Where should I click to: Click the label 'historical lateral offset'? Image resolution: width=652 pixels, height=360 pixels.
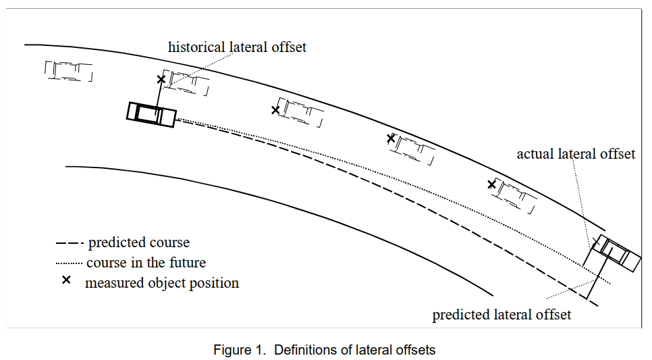click(x=237, y=47)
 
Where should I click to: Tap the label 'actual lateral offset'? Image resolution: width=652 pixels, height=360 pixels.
click(x=576, y=154)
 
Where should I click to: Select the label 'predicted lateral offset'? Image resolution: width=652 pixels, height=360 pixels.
click(x=501, y=315)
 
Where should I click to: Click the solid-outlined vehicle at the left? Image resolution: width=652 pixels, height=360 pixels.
click(x=151, y=113)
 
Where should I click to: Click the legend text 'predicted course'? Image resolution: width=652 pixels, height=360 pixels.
click(x=139, y=242)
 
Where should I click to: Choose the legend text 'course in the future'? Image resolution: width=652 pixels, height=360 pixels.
click(x=146, y=263)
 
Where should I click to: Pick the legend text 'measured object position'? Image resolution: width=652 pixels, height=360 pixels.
click(x=162, y=283)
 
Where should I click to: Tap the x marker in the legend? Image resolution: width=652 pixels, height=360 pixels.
click(x=67, y=281)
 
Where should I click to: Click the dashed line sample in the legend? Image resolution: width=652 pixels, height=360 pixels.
click(x=69, y=243)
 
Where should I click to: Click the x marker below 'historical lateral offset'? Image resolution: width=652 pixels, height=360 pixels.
click(x=161, y=80)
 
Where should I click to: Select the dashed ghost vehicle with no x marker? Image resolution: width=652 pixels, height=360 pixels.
click(x=69, y=70)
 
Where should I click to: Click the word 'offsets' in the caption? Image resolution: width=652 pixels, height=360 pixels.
click(x=416, y=350)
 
